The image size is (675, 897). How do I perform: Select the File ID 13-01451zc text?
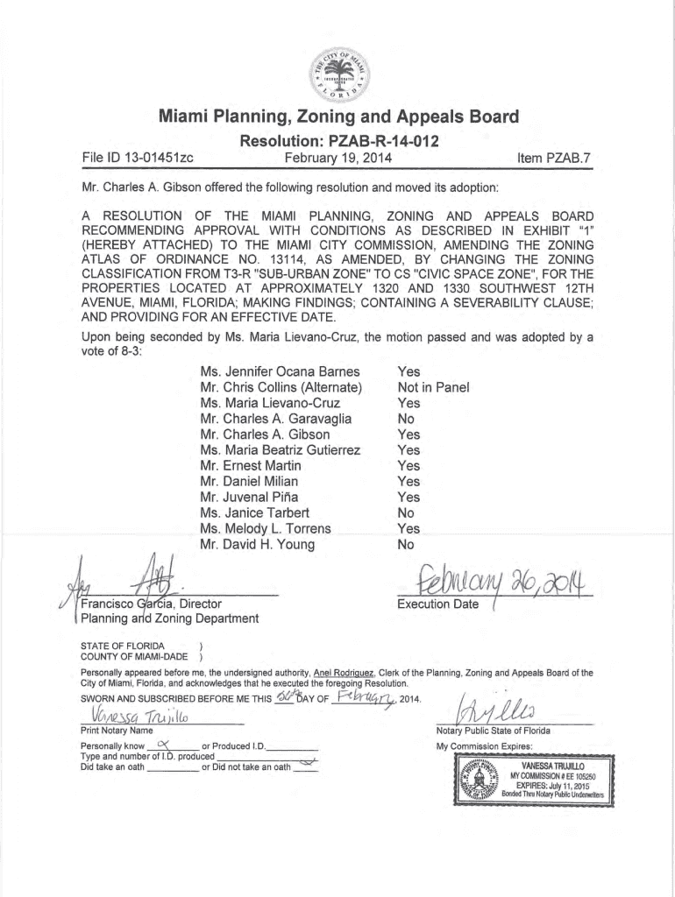(x=138, y=159)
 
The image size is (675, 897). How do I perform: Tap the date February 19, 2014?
(x=338, y=159)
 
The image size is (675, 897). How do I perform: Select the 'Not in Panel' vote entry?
(x=433, y=387)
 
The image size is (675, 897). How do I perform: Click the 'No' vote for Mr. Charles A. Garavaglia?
(x=407, y=419)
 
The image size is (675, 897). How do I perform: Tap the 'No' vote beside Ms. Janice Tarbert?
(x=407, y=512)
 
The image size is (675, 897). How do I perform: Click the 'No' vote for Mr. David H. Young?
(x=407, y=544)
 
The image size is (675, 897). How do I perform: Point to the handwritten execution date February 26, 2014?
(x=494, y=580)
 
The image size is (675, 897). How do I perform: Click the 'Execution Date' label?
(x=437, y=604)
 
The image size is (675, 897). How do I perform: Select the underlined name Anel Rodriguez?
(x=340, y=673)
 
